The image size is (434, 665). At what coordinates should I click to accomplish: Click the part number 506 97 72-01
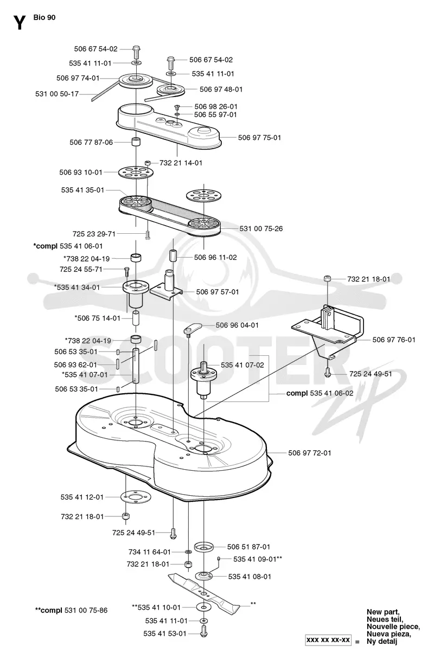click(x=309, y=453)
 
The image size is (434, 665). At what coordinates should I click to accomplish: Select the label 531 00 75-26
click(x=261, y=228)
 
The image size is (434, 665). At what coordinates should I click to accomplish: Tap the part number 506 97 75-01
click(x=259, y=137)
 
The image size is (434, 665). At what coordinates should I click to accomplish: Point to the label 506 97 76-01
click(x=394, y=340)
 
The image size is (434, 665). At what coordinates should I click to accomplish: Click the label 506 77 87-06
click(x=91, y=142)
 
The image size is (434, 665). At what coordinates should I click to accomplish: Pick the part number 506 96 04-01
click(x=237, y=325)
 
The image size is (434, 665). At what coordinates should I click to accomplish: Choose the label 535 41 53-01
click(x=165, y=633)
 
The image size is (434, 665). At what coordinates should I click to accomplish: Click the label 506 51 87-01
click(x=248, y=547)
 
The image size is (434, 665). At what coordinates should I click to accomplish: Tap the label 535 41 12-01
click(x=82, y=497)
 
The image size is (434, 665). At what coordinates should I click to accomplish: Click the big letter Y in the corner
click(x=20, y=23)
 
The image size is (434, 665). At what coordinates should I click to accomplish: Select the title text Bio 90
click(x=44, y=17)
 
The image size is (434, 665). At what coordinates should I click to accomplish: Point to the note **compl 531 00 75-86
click(x=71, y=610)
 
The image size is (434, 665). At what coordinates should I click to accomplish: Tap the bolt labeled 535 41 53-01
click(x=203, y=631)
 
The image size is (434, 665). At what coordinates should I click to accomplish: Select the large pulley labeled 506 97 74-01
click(x=136, y=80)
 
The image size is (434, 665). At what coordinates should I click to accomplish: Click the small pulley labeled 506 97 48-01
click(x=170, y=89)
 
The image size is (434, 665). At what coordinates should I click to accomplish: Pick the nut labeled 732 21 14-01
click(x=148, y=163)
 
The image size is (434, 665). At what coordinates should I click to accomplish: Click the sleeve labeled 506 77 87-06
click(x=136, y=142)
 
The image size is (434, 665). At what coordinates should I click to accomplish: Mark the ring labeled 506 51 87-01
click(x=203, y=546)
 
